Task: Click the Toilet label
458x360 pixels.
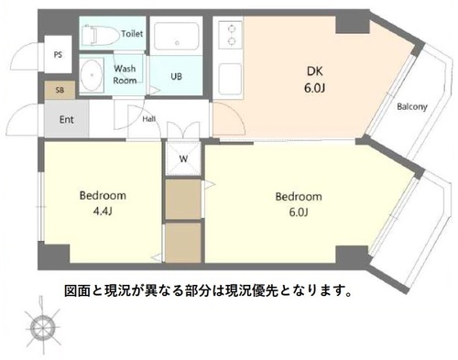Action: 132,33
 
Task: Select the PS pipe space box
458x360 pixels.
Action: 58,55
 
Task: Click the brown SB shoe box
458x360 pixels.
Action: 60,90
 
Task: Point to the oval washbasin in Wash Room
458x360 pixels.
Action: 92,74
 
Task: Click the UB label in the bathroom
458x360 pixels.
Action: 176,76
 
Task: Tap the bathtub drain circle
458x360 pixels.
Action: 177,43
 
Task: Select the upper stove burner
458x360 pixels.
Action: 233,28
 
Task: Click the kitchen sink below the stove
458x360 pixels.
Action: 230,79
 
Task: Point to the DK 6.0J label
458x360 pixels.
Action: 314,80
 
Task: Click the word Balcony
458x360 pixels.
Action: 412,107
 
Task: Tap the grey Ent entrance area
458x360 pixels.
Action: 67,118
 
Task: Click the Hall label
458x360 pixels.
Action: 149,119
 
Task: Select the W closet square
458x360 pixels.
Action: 183,158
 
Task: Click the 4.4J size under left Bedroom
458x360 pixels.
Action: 103,212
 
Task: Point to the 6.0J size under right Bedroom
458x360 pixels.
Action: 299,212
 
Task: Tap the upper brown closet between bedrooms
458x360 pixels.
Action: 183,199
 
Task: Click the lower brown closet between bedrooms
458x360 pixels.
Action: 183,243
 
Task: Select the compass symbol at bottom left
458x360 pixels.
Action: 41,326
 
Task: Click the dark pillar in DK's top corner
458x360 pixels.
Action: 353,25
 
